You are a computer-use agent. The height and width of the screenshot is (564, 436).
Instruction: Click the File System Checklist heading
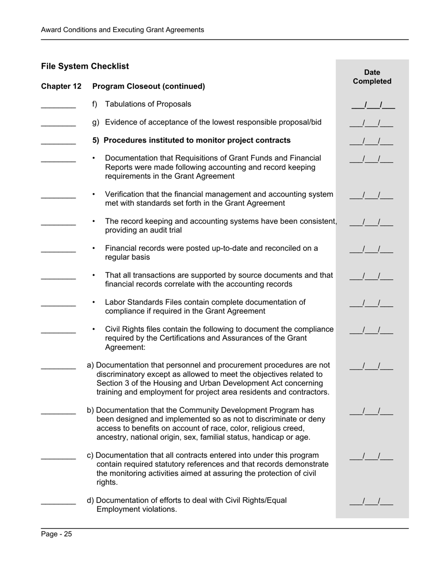click(85, 66)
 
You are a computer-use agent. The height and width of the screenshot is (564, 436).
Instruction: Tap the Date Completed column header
click(372, 77)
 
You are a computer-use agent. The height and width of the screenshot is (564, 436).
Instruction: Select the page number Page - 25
click(56, 534)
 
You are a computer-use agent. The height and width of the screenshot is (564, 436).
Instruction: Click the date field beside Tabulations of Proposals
click(373, 105)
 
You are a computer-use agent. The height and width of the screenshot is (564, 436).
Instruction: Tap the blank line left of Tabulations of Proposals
click(58, 106)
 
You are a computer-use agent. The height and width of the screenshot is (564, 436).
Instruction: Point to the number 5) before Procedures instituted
click(96, 140)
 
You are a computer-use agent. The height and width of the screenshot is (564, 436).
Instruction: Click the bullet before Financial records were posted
click(94, 249)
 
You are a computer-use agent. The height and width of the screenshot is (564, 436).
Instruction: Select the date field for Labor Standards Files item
click(371, 304)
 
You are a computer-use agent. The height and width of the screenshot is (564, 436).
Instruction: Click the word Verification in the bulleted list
click(125, 194)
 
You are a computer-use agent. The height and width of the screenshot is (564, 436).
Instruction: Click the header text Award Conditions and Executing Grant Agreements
click(123, 30)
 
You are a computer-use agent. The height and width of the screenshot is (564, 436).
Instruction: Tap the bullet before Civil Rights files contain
click(94, 330)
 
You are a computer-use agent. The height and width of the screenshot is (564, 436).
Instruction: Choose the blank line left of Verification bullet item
click(58, 197)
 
